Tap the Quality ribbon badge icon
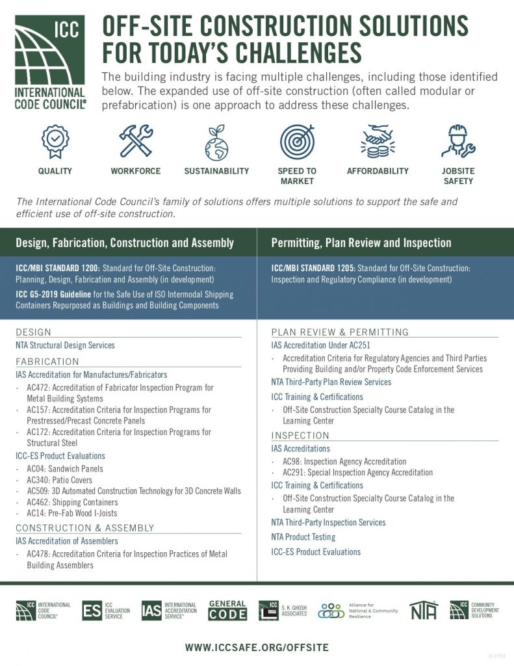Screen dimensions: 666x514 [x=55, y=141]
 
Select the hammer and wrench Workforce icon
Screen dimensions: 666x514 [x=135, y=141]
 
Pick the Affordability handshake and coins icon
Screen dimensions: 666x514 [x=378, y=141]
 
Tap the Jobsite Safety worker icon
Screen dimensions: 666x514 [x=458, y=141]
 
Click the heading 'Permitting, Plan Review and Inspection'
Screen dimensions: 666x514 [x=361, y=243]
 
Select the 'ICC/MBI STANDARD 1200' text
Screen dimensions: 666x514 [x=57, y=268]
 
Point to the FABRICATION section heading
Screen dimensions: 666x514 [x=47, y=362]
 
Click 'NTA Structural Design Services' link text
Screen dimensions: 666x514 [x=65, y=345]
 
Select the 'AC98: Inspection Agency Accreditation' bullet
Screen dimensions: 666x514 [x=344, y=461]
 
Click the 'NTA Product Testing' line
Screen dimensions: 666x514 [x=303, y=537]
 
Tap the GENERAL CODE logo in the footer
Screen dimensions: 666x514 [x=227, y=610]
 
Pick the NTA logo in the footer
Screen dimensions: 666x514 [x=424, y=610]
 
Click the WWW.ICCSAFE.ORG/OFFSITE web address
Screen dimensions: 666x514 [x=257, y=647]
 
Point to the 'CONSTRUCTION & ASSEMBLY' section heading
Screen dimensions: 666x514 [x=85, y=528]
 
